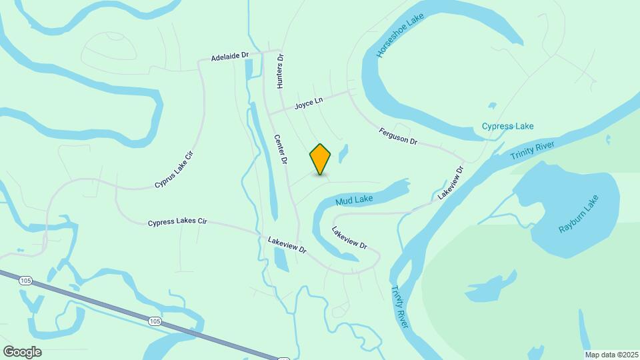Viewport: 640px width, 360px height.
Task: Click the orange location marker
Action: click(x=320, y=159)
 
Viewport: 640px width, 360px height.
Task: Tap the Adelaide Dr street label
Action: click(x=229, y=58)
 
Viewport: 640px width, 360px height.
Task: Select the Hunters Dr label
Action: click(x=281, y=71)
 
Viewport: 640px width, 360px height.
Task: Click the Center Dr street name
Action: click(x=281, y=149)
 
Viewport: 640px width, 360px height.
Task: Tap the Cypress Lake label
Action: click(x=507, y=126)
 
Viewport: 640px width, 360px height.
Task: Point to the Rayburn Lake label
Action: click(x=579, y=214)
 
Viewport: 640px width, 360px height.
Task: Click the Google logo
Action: click(x=22, y=352)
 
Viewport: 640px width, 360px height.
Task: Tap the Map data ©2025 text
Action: click(x=610, y=355)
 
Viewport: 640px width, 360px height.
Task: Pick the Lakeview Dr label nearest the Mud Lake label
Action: click(x=349, y=237)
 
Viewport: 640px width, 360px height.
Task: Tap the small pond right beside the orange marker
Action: click(x=343, y=154)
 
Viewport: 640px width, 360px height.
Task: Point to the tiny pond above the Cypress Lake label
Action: click(x=492, y=105)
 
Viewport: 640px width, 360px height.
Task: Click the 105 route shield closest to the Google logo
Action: click(x=26, y=281)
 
